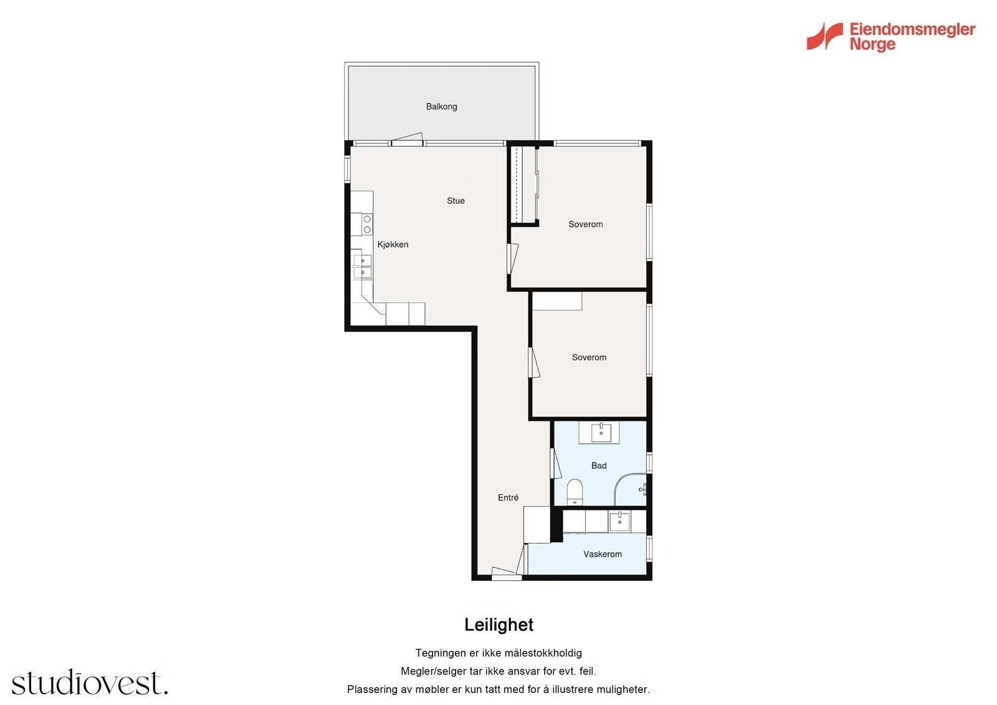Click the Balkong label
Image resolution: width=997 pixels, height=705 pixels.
coord(442,107)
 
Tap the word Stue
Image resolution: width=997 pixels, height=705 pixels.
coord(456,201)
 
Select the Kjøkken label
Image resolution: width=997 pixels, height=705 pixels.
coord(393,244)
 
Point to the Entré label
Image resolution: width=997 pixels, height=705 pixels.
coord(508,497)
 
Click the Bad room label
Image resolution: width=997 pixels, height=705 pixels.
coord(599,466)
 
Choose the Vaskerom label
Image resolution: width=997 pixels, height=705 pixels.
coord(602,554)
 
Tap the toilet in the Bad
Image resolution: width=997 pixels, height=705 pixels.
coord(575,492)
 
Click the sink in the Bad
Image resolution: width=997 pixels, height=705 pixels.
coord(601,433)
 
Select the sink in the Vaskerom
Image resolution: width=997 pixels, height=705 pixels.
coord(619,521)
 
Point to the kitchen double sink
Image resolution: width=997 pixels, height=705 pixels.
coord(362,266)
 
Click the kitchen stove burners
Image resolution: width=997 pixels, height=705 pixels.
coord(367,224)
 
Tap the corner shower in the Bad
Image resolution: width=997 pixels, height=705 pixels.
coord(630,489)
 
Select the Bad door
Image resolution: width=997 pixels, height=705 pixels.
coord(555,464)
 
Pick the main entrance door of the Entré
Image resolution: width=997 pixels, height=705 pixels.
coord(507,573)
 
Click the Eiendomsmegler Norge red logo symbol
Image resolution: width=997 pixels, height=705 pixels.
coord(824,36)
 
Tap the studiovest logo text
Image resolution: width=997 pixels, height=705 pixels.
coord(90,682)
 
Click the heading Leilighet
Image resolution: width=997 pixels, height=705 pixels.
coord(499,625)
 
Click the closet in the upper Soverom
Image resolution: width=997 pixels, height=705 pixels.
coord(523,185)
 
